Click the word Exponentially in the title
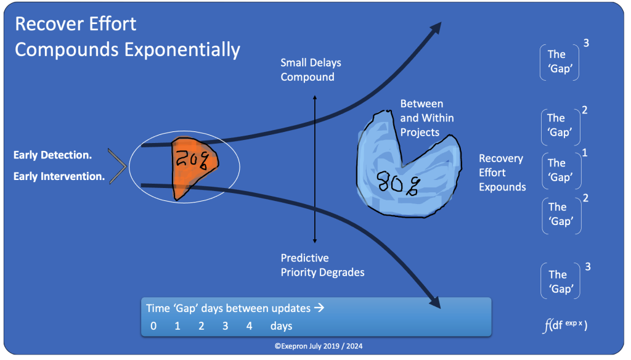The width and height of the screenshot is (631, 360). pyautogui.click(x=182, y=49)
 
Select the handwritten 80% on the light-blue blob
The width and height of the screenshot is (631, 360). pyautogui.click(x=397, y=181)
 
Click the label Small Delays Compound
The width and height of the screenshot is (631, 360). pyautogui.click(x=311, y=70)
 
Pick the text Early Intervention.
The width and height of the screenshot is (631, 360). pyautogui.click(x=59, y=177)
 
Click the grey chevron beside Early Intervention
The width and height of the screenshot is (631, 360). pyautogui.click(x=117, y=166)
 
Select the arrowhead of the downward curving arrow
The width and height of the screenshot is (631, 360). pyautogui.click(x=434, y=302)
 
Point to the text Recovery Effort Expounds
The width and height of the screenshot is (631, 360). pyautogui.click(x=502, y=173)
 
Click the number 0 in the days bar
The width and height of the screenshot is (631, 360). pyautogui.click(x=153, y=326)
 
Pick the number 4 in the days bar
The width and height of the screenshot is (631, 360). pyautogui.click(x=249, y=326)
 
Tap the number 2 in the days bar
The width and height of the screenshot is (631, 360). pyautogui.click(x=201, y=326)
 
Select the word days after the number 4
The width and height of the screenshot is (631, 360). pyautogui.click(x=281, y=326)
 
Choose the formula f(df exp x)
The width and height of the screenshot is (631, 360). pyautogui.click(x=564, y=325)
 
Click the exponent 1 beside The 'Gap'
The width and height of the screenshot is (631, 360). pyautogui.click(x=584, y=152)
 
